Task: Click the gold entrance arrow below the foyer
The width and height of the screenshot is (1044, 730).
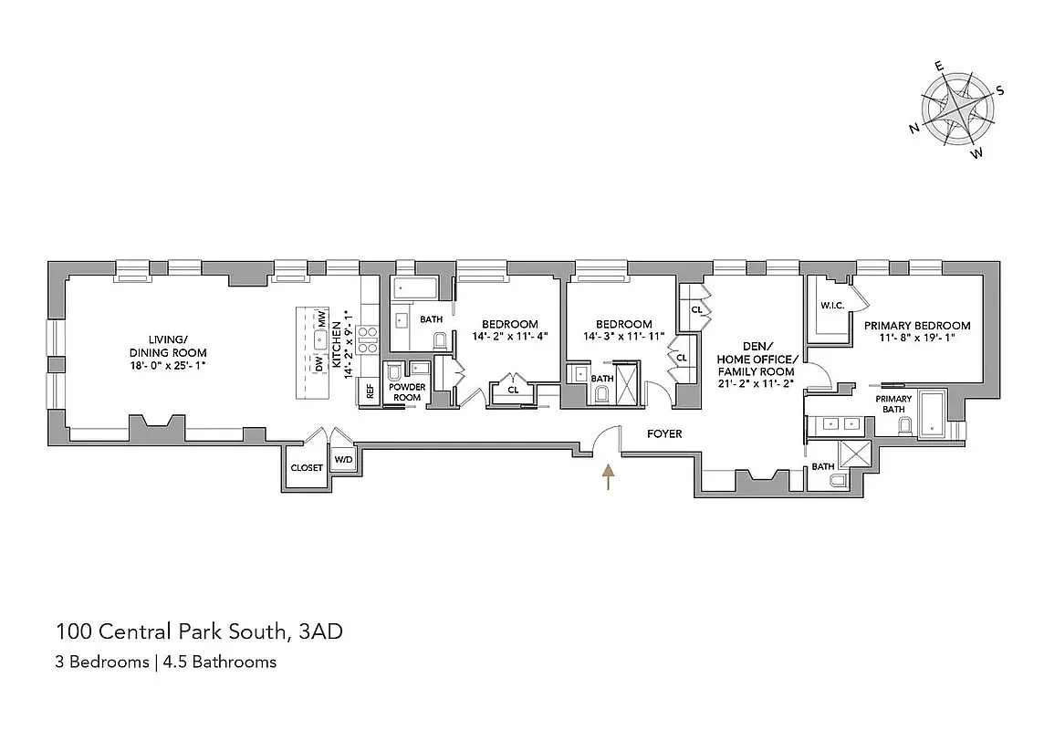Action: coord(607,476)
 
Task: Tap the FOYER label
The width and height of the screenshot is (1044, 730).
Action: coord(664,434)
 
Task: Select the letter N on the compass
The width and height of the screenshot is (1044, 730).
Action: coord(913,129)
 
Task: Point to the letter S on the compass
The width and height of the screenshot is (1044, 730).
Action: coord(1000,90)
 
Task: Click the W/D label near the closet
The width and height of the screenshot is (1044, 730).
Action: coord(343,459)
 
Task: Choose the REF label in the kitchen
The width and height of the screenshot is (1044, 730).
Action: coord(370,391)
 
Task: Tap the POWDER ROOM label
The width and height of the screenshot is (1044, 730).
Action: coord(407,392)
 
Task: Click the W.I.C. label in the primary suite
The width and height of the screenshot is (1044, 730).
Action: coord(830,306)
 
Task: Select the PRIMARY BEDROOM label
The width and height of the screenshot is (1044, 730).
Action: coord(917,326)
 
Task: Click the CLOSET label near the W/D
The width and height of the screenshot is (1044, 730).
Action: coord(306,467)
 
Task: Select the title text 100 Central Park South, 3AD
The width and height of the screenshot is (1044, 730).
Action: coord(199,631)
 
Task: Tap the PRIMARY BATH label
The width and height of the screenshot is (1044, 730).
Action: coord(893,404)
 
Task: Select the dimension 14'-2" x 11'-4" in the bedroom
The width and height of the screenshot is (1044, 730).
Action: coord(509,336)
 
